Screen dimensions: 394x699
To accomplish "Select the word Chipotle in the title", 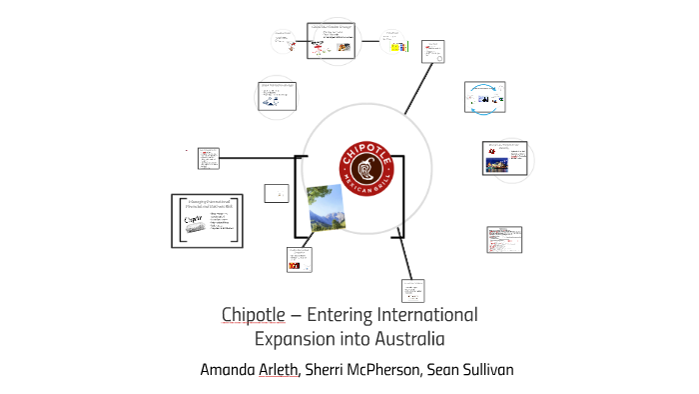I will (255, 315).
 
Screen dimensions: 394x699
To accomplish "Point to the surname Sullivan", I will (480, 370).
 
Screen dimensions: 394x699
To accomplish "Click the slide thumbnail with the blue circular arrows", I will (486, 97).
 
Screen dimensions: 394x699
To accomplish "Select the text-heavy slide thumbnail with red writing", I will (504, 240).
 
